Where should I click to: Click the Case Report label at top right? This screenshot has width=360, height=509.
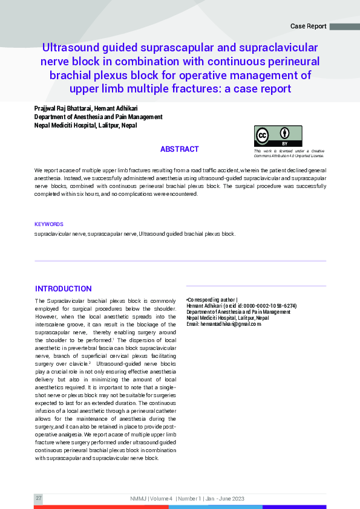point(309,27)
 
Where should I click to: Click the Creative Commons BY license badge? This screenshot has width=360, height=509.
point(278,136)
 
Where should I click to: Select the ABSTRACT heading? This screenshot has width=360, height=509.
point(179,149)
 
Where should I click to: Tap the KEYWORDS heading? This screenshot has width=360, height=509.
point(49,224)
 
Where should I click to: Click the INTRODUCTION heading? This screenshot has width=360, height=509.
point(64,289)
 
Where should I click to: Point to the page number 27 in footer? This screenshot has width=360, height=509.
point(39,498)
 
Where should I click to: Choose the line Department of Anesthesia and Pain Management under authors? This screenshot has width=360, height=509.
point(99,117)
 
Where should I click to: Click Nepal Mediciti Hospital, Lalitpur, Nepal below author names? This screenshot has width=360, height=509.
point(85,126)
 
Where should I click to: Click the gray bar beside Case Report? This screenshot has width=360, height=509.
point(344,27)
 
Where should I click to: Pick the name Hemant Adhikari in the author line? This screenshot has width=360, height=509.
point(113,108)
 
